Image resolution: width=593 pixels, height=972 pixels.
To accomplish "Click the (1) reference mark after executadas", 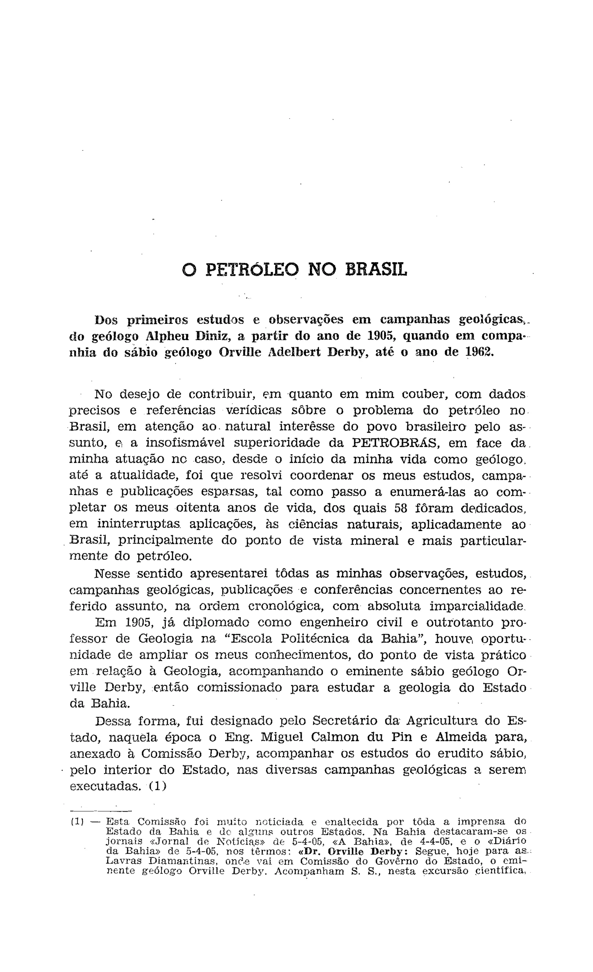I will click(x=157, y=786).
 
